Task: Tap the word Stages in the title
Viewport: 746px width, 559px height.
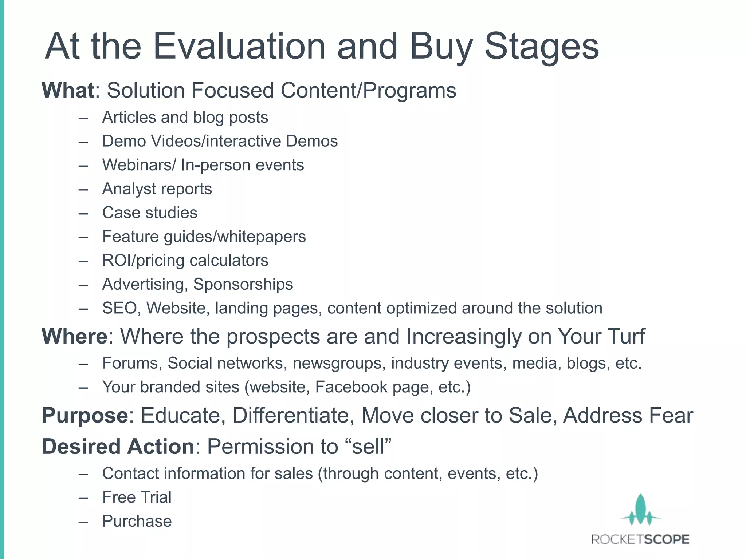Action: pos(541,46)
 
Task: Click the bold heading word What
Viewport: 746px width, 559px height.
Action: pos(68,90)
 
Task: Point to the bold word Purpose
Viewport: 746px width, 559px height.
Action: pos(85,415)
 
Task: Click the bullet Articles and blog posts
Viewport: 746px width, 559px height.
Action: pos(185,118)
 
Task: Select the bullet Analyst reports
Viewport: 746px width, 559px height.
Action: pos(157,189)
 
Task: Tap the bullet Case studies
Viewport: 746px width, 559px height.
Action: pos(150,213)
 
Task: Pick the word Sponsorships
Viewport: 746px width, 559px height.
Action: pos(243,284)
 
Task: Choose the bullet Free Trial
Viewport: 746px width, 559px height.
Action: pos(137,497)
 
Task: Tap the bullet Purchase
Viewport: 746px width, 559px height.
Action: pos(137,521)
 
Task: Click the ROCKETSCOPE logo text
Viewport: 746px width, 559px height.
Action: pos(640,539)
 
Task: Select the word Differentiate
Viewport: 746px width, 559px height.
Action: pos(294,415)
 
